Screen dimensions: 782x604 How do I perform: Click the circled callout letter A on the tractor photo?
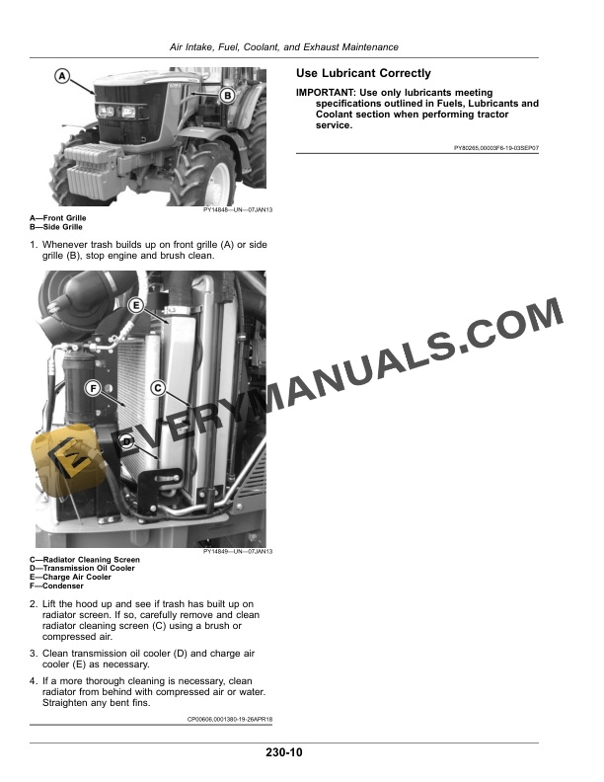click(x=61, y=75)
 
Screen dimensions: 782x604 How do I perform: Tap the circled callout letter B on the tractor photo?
click(x=226, y=96)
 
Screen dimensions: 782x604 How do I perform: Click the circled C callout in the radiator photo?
click(x=157, y=388)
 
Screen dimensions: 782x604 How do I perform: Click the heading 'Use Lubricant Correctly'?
click(x=363, y=74)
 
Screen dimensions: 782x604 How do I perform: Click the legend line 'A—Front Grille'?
click(x=58, y=217)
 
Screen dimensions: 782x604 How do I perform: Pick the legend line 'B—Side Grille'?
click(x=56, y=225)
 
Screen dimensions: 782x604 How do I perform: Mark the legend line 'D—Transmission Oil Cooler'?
click(x=83, y=569)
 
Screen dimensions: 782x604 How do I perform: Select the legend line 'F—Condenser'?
click(x=56, y=586)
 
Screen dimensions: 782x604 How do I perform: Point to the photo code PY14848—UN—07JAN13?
click(x=237, y=209)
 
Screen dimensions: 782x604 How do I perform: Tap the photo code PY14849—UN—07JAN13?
click(x=237, y=552)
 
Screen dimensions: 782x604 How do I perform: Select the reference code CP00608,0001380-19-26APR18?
click(x=229, y=720)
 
